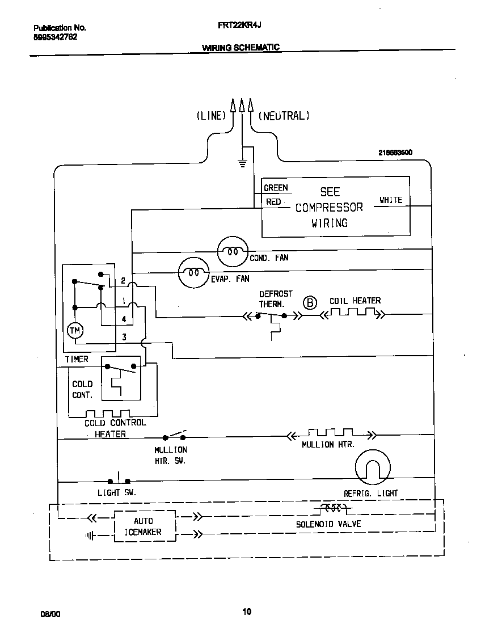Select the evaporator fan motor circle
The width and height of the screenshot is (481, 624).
(194, 273)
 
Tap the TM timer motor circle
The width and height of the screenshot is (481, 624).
(75, 331)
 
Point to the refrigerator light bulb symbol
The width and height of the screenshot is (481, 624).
(373, 468)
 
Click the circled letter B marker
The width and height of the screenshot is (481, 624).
(310, 302)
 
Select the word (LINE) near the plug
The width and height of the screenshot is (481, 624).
(211, 116)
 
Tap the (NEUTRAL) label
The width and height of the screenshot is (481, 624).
(284, 116)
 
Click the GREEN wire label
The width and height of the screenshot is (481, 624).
(276, 188)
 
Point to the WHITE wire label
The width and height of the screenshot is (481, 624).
(391, 200)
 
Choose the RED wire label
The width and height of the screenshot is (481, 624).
(273, 201)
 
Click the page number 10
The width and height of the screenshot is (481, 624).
(247, 612)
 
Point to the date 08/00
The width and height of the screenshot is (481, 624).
(50, 614)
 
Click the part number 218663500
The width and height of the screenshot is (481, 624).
(395, 153)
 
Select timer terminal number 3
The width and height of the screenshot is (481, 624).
(124, 338)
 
